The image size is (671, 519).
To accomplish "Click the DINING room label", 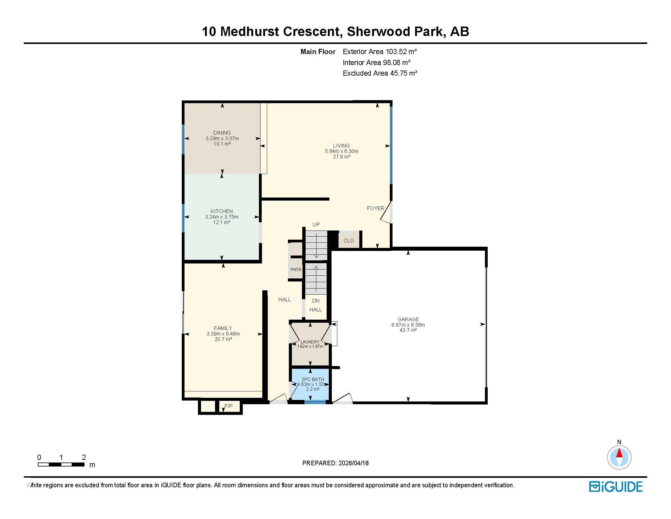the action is click(x=222, y=133).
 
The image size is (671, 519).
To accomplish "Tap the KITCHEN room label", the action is click(x=221, y=211).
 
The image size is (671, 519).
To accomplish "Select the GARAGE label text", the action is click(x=408, y=319).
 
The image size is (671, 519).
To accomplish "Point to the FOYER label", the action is click(x=375, y=208).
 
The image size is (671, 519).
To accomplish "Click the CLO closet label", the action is click(x=349, y=241).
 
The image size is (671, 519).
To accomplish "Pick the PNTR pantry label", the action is click(x=296, y=270).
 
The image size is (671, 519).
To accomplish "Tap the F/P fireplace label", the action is click(x=228, y=406).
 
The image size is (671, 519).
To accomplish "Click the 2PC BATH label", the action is click(x=313, y=379).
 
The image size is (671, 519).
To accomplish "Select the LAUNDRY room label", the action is click(x=310, y=342).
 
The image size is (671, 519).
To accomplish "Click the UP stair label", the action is click(x=316, y=224).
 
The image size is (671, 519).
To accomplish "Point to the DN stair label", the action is click(x=316, y=301).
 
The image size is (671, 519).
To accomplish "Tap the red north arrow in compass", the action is click(x=619, y=453).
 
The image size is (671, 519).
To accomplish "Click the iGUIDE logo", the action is click(x=616, y=487).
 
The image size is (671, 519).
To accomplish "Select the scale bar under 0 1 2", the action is click(x=61, y=464).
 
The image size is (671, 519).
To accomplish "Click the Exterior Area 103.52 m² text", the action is click(x=380, y=52).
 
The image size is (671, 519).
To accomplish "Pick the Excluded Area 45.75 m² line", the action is click(x=380, y=73).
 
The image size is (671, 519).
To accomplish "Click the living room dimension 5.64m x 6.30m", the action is click(x=342, y=151).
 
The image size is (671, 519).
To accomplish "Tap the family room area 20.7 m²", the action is click(x=223, y=339).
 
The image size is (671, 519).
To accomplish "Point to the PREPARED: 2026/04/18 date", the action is click(x=335, y=463).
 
